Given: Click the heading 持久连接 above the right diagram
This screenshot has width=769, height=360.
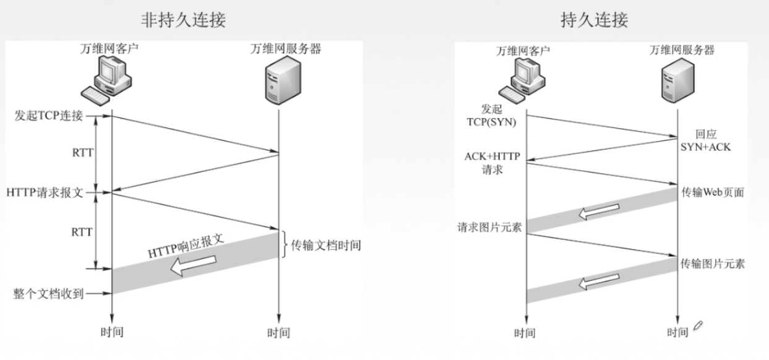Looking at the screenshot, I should (x=594, y=20).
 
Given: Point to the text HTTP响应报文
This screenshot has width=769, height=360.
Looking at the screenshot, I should (x=185, y=246).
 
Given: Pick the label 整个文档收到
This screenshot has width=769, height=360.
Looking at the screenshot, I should (x=49, y=293).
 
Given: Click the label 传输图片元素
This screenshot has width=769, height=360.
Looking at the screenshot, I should (x=712, y=264).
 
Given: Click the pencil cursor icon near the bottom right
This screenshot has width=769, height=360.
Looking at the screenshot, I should (x=698, y=325).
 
